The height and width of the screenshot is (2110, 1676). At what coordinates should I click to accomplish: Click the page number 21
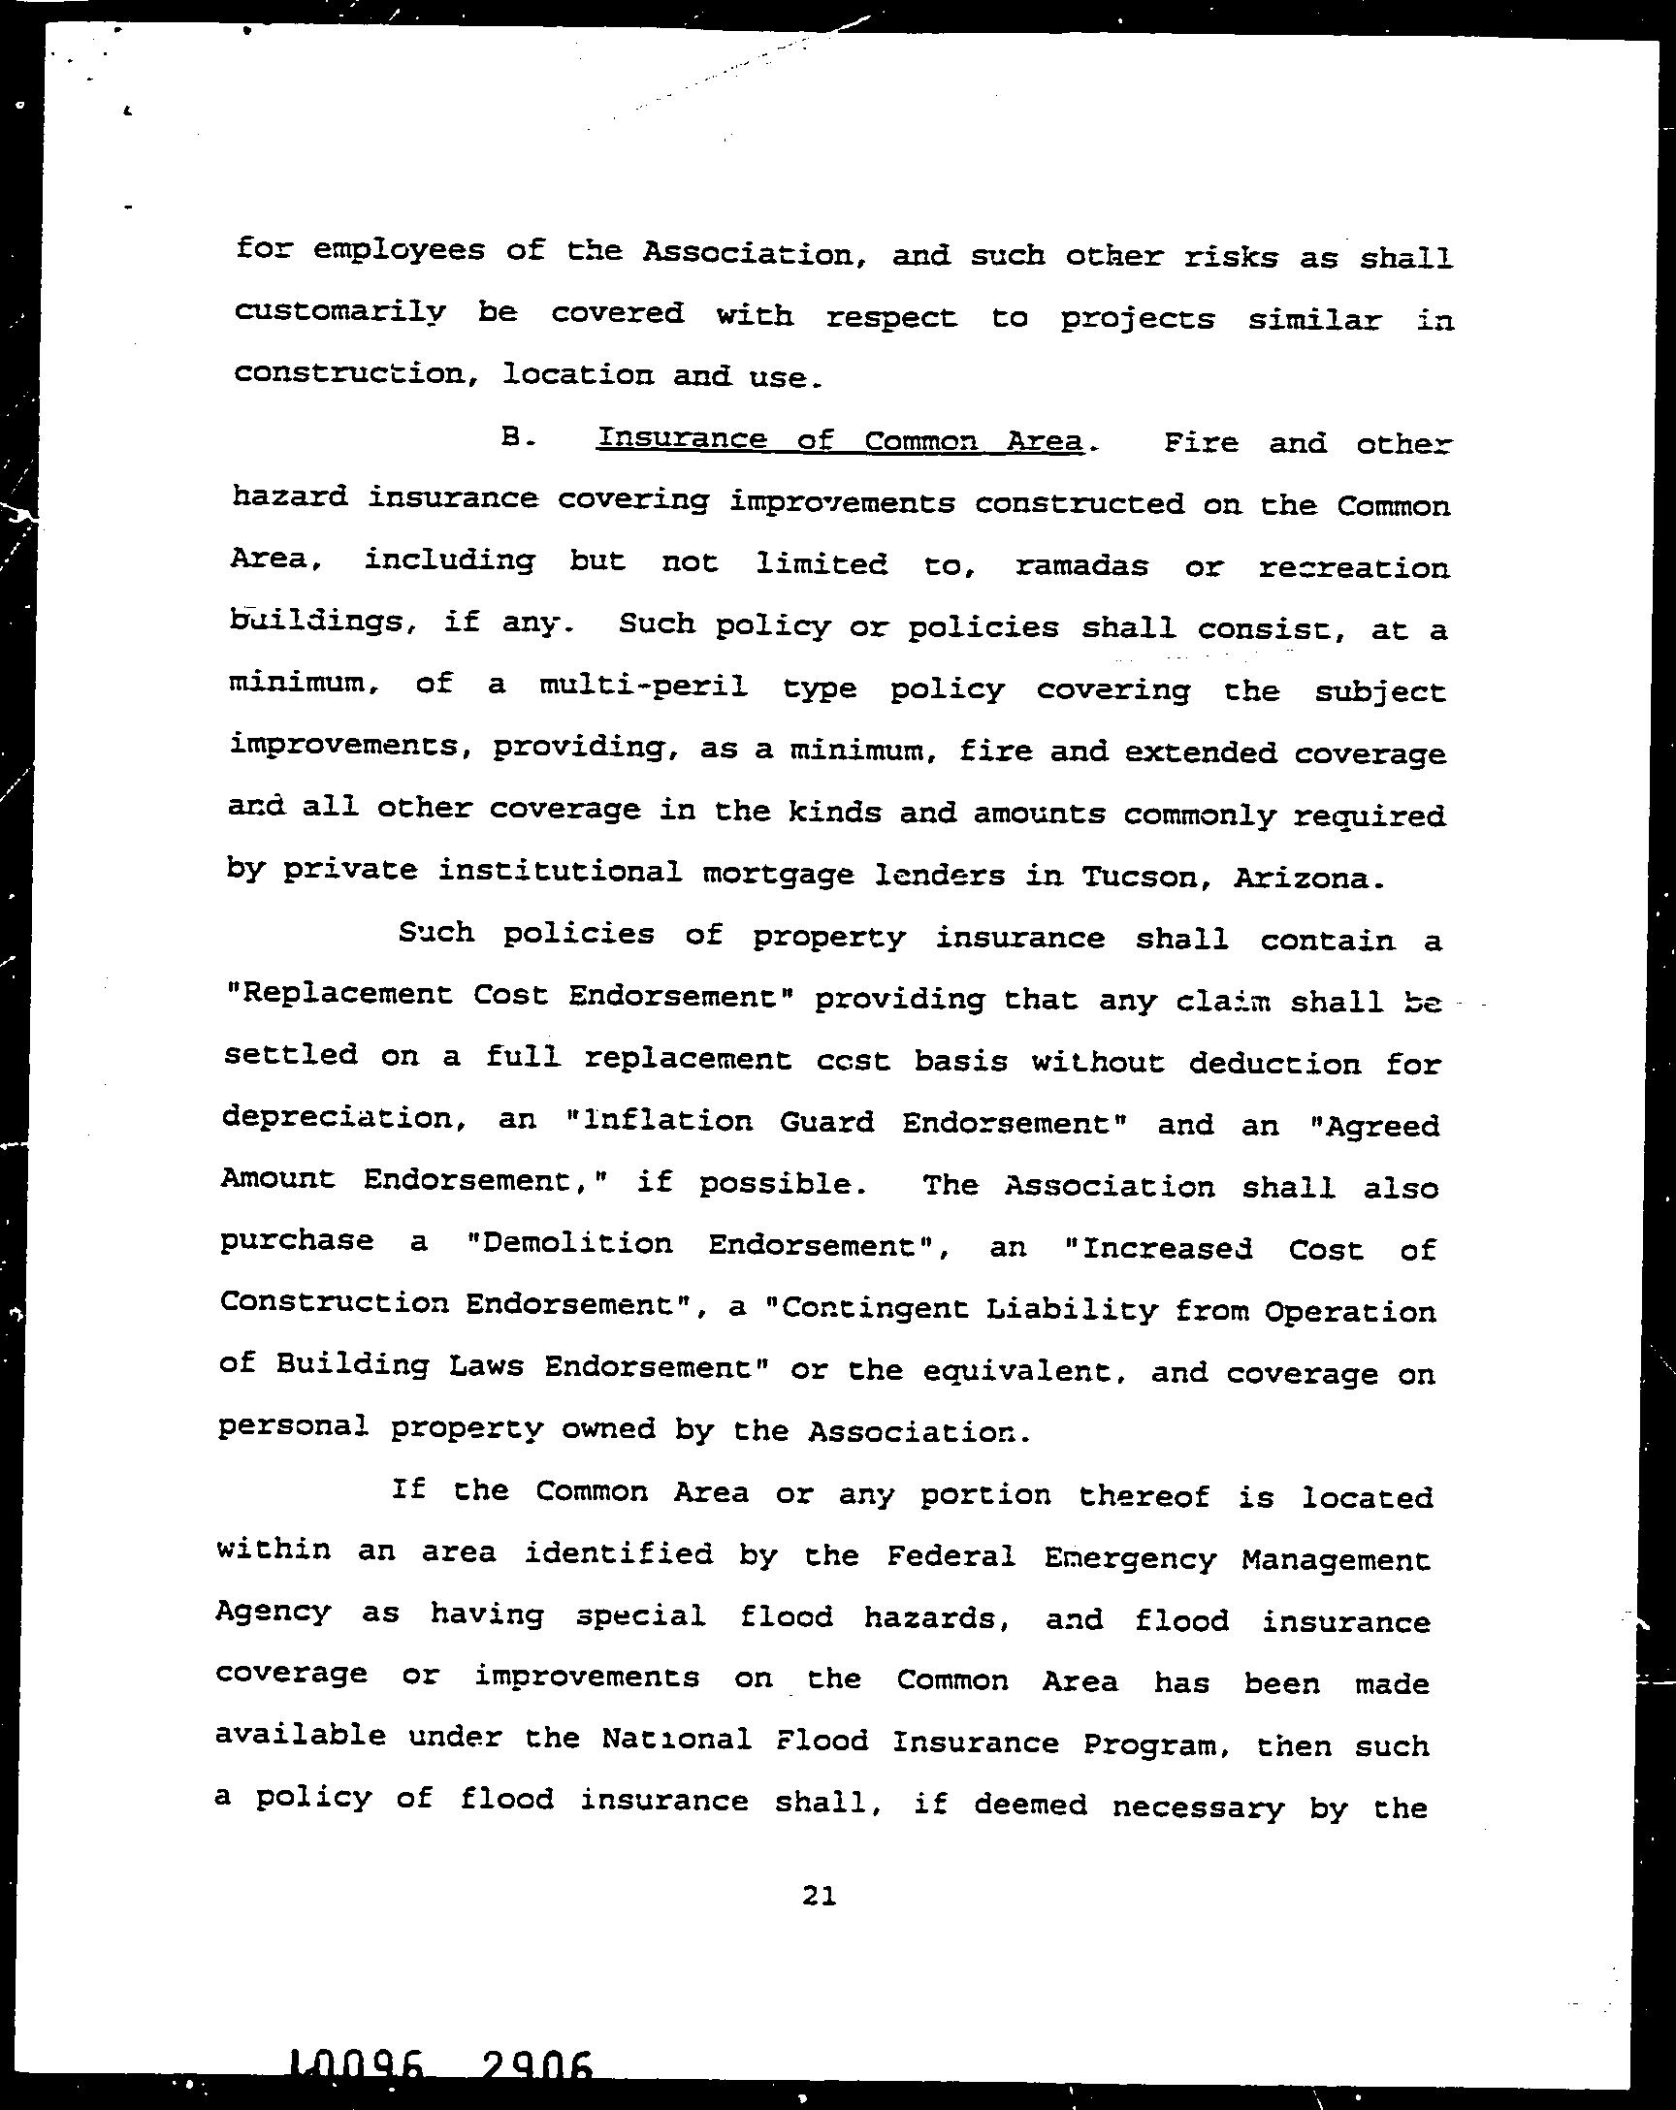[x=819, y=1897]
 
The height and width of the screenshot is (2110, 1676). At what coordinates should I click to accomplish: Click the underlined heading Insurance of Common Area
[x=840, y=440]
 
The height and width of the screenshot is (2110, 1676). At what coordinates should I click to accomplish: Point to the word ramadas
[x=1080, y=565]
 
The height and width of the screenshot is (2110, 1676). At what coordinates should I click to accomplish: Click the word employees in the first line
[x=399, y=251]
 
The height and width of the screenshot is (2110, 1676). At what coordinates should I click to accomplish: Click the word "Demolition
[x=568, y=1244]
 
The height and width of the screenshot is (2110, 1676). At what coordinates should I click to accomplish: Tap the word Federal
[x=951, y=1556]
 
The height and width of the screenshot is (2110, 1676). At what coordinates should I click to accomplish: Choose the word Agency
[x=274, y=1612]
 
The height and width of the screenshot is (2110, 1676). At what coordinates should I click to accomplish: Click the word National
[x=676, y=1739]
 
